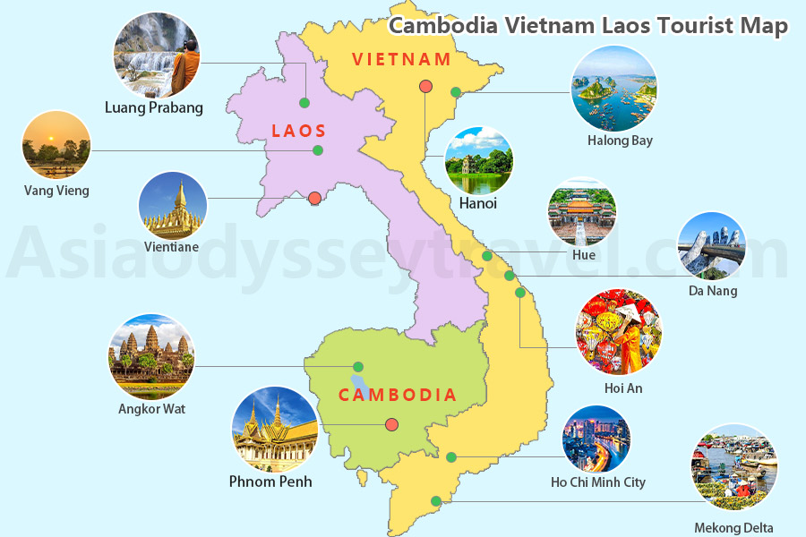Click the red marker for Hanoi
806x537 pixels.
coord(426,87)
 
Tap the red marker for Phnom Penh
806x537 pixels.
coord(391,425)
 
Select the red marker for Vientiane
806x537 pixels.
coord(314,199)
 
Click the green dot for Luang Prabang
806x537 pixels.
coord(304,102)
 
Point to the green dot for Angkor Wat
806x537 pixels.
coord(358,366)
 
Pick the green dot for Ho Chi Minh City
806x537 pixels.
coord(451,457)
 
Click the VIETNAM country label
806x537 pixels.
coord(401,60)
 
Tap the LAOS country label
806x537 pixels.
coord(299,131)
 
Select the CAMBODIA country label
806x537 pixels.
coord(398,395)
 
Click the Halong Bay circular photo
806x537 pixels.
coord(614,89)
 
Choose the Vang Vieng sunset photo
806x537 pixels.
coord(56,145)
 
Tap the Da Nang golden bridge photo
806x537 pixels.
coord(711,245)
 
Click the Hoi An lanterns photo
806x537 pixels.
coord(619,332)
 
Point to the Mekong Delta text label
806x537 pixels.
coord(733,528)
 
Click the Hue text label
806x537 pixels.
coord(583,255)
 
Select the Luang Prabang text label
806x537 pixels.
coord(154,108)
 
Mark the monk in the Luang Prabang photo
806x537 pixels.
coord(184,67)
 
